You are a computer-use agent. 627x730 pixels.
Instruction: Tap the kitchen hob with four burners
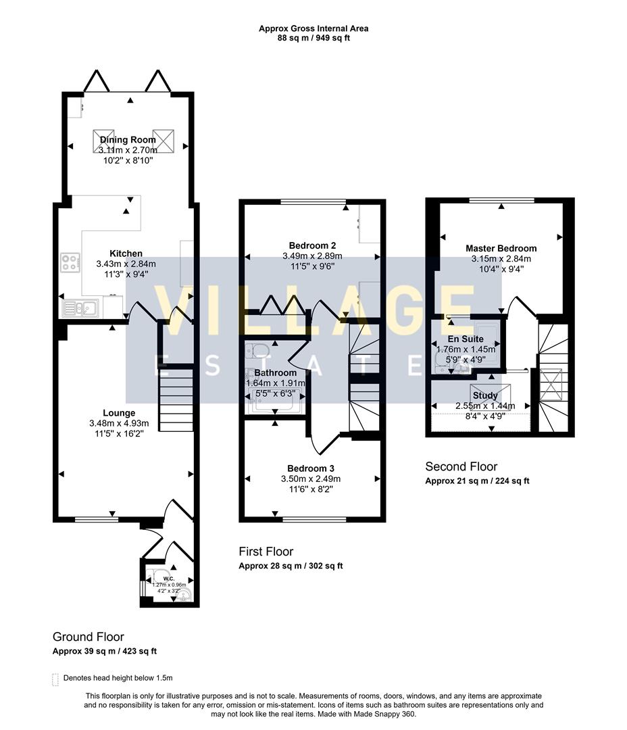pos(71,262)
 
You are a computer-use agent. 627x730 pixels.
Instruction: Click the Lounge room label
pos(119,413)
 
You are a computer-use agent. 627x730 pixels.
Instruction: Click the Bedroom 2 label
pos(312,245)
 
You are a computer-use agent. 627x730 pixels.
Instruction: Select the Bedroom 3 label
pos(311,468)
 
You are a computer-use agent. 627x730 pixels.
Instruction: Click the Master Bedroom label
pos(501,248)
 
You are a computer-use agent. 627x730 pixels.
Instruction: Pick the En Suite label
pos(466,339)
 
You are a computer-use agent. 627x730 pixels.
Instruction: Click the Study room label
pos(485,395)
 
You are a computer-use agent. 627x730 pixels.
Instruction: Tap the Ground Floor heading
pos(89,637)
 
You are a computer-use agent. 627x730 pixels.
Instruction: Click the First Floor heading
pos(266,552)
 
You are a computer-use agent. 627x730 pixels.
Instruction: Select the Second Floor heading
pos(461,466)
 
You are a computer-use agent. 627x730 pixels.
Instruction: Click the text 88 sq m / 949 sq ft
pos(313,39)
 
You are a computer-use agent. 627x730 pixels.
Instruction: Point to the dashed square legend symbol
pos(55,679)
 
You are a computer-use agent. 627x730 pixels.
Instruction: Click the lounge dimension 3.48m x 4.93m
pos(119,424)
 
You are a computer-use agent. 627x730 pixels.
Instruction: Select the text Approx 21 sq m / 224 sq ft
pos(477,481)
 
